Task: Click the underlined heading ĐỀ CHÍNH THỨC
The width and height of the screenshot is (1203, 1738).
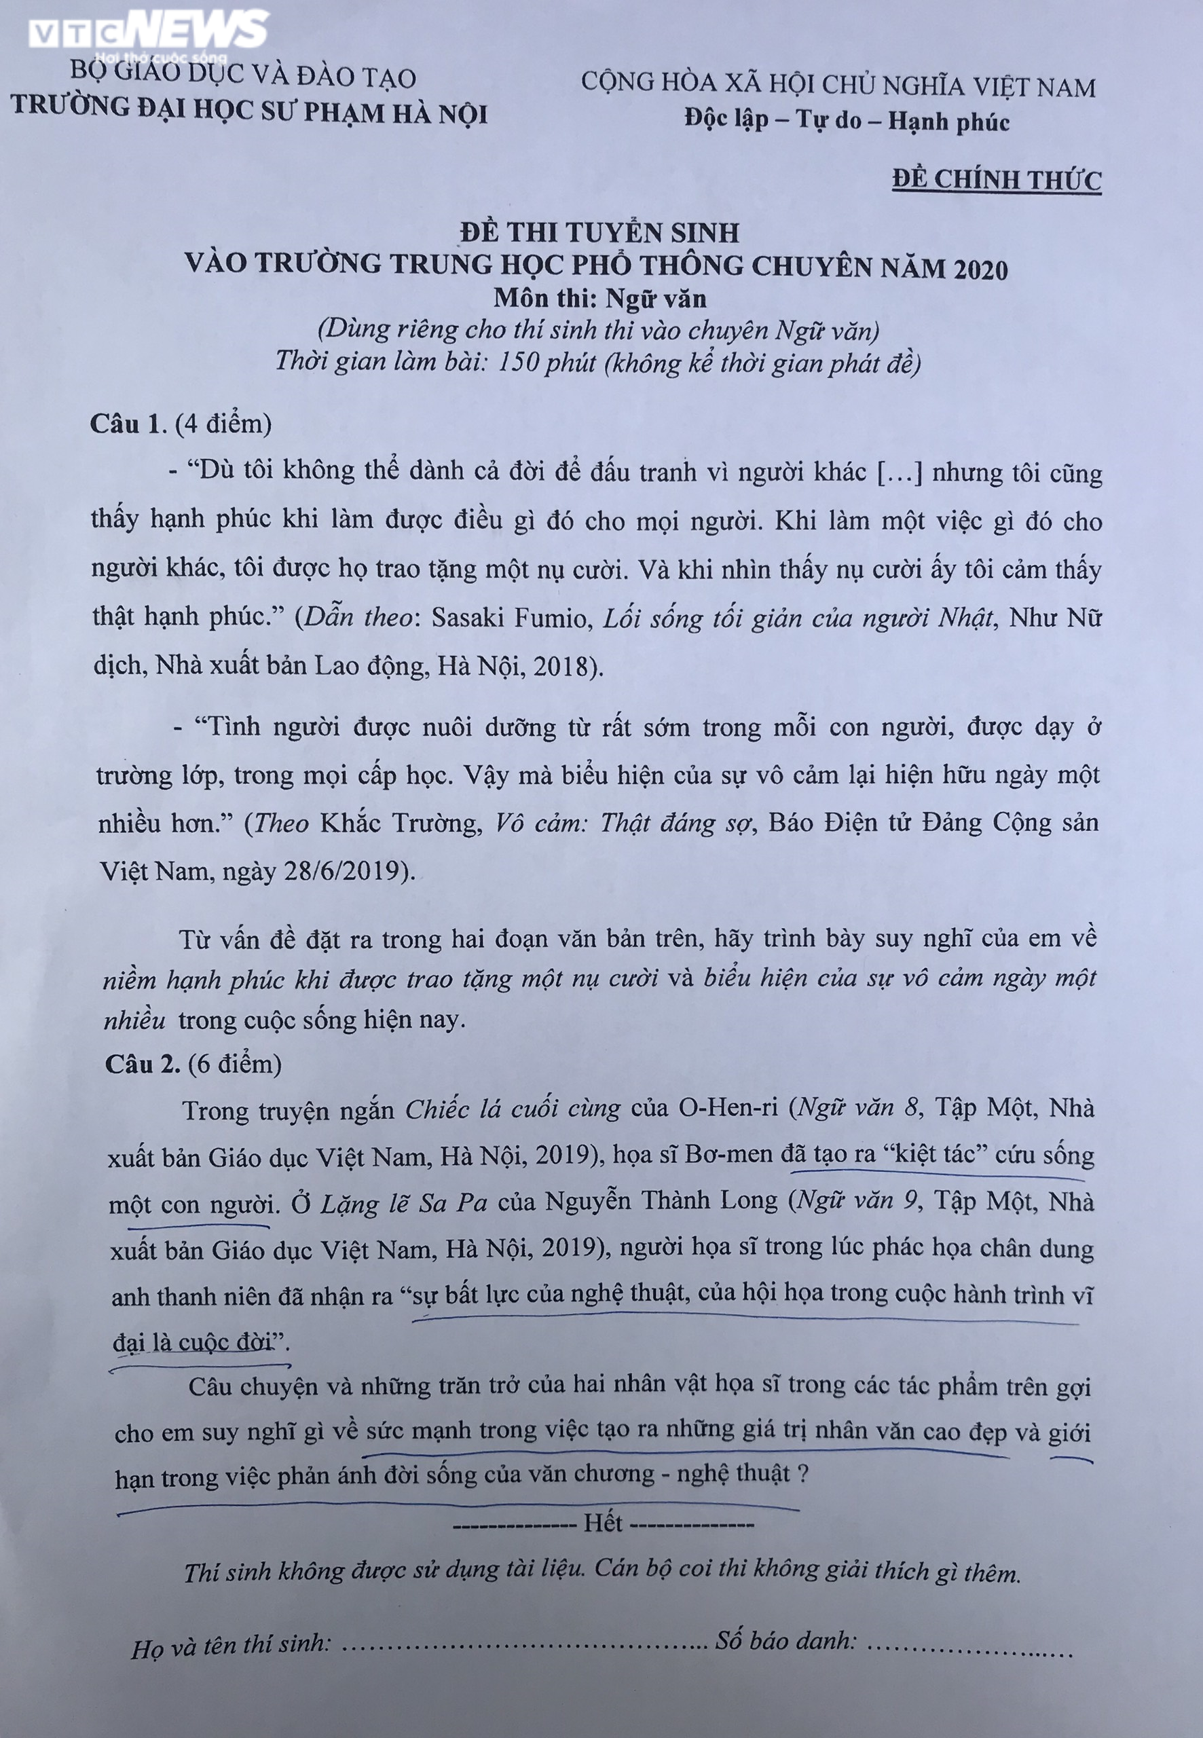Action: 997,180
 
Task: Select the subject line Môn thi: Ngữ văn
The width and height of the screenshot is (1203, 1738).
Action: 600,299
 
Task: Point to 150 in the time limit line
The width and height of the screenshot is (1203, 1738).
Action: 519,363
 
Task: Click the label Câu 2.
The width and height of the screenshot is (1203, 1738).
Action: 143,1063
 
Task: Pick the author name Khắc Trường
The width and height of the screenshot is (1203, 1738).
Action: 401,823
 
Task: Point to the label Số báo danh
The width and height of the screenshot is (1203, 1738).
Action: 785,1641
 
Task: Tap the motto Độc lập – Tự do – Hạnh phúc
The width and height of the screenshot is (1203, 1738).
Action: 847,121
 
